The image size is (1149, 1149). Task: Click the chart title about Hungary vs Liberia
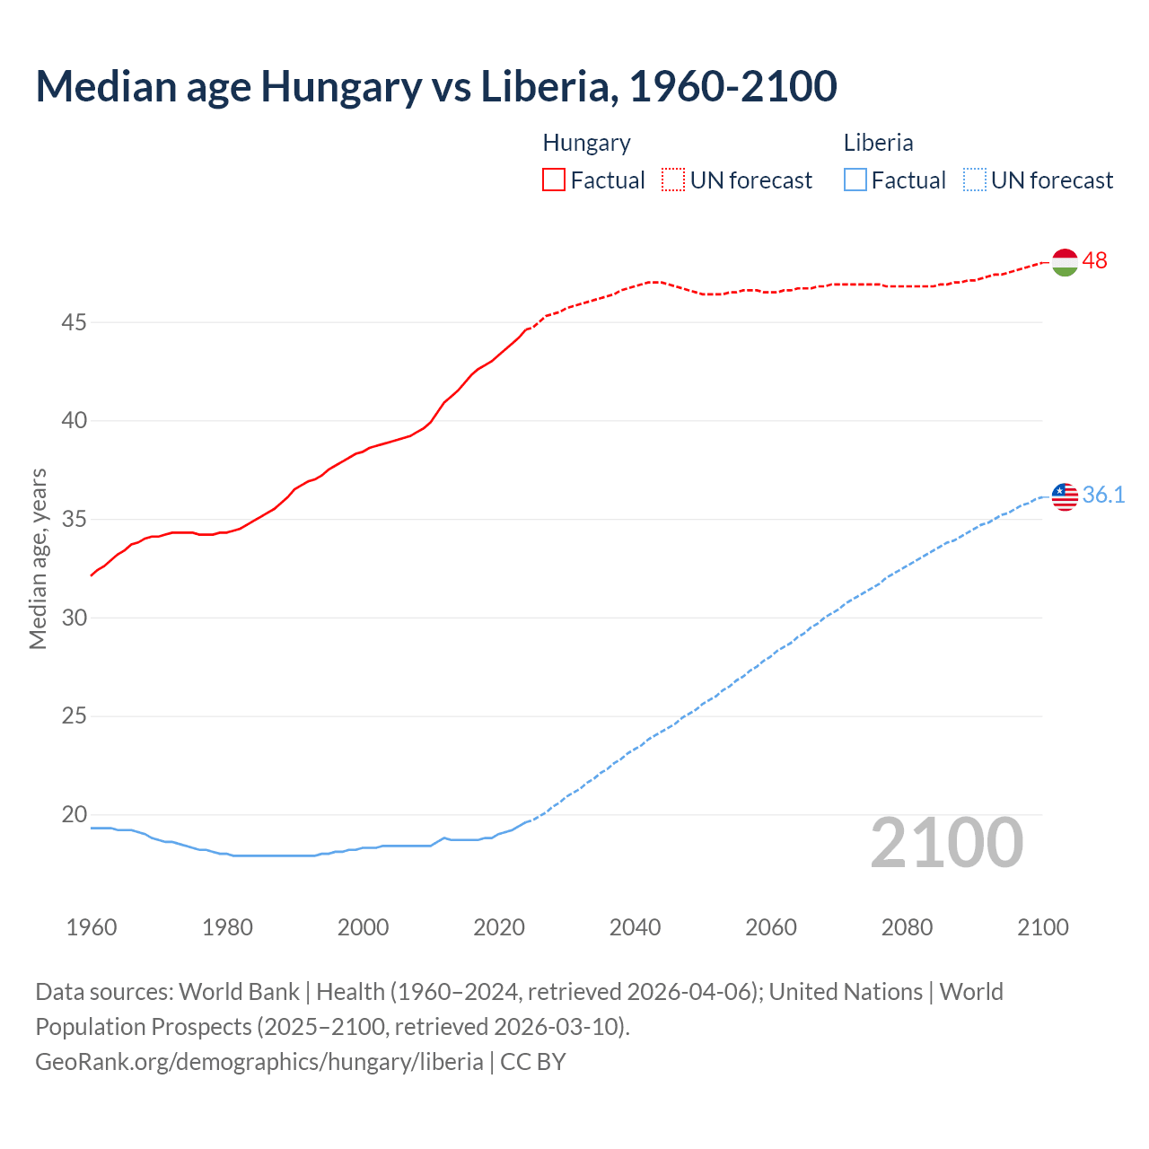coord(436,86)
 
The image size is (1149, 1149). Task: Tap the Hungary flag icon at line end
coord(1065,261)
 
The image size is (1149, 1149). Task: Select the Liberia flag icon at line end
coord(1065,496)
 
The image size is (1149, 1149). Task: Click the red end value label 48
coord(1095,261)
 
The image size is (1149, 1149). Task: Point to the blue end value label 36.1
coord(1103,496)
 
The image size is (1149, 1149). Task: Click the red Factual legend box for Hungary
coord(554,180)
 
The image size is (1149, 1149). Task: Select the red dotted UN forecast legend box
coord(673,180)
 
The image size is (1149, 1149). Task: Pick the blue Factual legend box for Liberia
coord(855,180)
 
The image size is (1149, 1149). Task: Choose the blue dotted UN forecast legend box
coord(975,180)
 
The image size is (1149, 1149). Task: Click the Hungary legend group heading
coord(586,144)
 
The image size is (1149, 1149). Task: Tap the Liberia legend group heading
coord(878,144)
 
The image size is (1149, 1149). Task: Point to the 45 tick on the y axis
coord(74,322)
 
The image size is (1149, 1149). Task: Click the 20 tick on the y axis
coord(74,815)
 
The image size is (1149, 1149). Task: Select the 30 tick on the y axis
coord(74,618)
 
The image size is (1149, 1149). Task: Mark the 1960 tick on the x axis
coord(92,927)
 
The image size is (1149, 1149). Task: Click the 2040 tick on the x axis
coord(635,927)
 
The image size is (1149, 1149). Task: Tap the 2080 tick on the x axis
coord(907,927)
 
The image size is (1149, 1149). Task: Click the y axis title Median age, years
coord(38,558)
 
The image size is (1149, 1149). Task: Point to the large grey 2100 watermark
coord(947,843)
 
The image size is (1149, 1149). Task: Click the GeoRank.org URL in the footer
coord(259,1062)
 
